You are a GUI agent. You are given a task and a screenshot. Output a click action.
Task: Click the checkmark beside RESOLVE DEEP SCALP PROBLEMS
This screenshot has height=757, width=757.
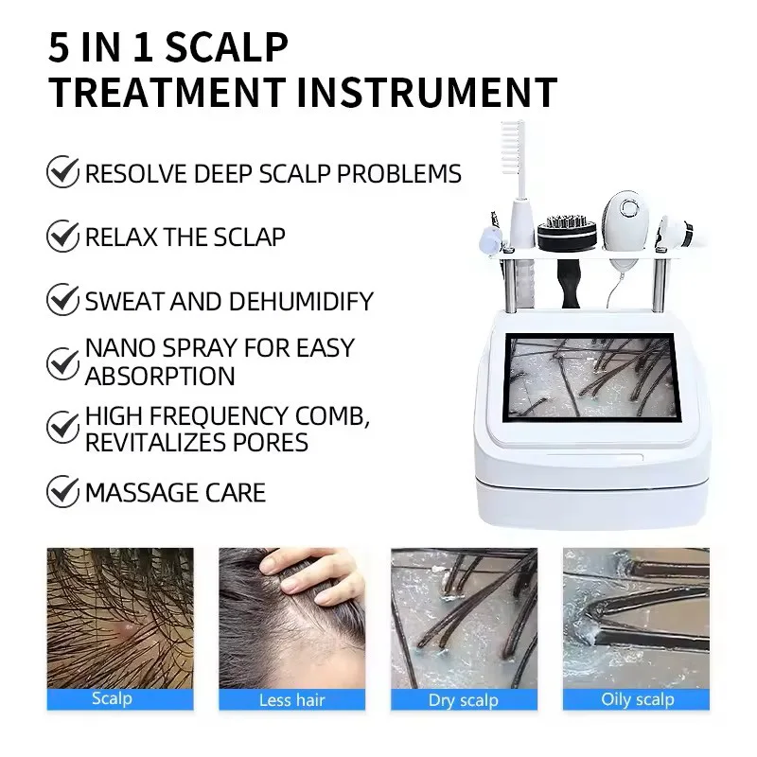pyautogui.click(x=62, y=173)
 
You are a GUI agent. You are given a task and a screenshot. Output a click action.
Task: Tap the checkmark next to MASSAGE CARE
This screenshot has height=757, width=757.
pyautogui.click(x=62, y=492)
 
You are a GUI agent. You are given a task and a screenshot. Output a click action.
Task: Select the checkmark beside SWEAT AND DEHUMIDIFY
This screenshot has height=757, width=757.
pyautogui.click(x=62, y=301)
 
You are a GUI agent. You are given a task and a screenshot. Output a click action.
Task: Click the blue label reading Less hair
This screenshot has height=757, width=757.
pyautogui.click(x=291, y=700)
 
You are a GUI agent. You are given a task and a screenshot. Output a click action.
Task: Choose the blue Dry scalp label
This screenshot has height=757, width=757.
pyautogui.click(x=464, y=700)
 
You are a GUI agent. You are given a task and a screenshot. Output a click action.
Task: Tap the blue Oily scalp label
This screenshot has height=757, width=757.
pyautogui.click(x=636, y=700)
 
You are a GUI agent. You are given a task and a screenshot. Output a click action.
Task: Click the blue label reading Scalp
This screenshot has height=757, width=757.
pyautogui.click(x=112, y=699)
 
